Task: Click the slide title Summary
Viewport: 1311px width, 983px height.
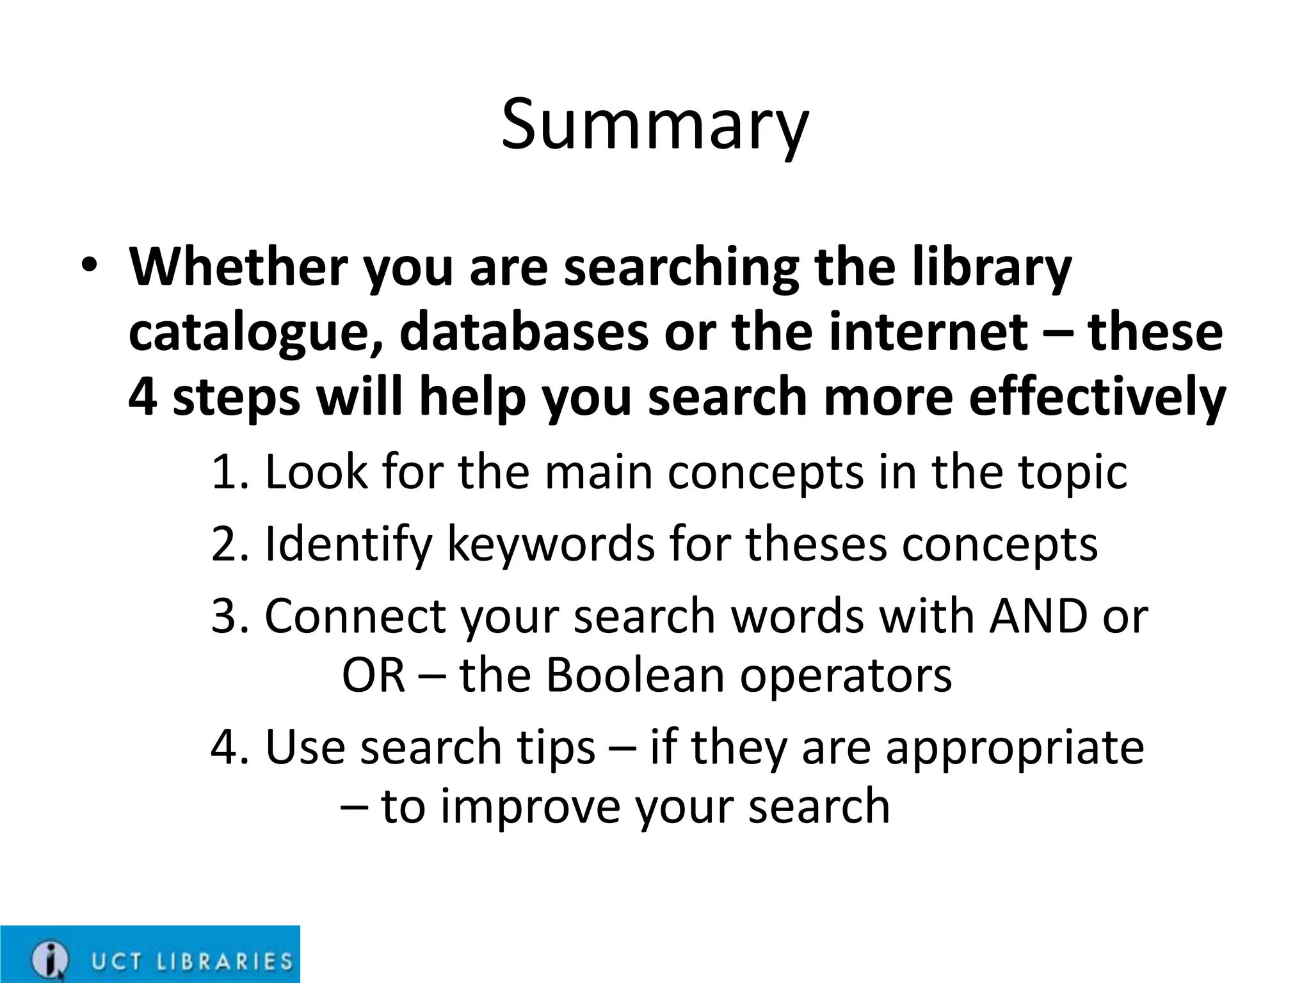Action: pos(655,125)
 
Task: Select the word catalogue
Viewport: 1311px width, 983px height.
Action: pos(256,333)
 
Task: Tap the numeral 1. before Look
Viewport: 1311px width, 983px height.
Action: pos(229,472)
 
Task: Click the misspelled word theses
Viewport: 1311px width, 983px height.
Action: pos(816,544)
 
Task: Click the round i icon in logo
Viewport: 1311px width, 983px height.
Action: pos(49,959)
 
